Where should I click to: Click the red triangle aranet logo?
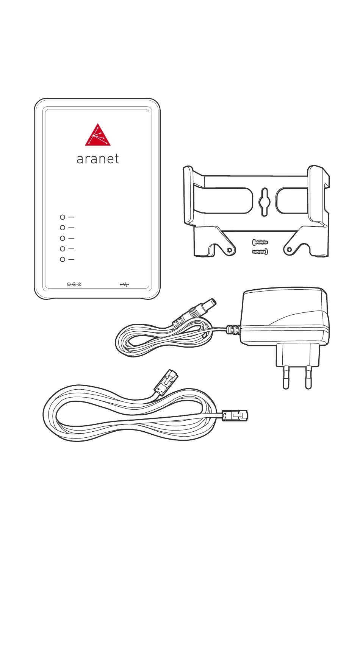(98, 136)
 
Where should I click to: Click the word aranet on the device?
(98, 159)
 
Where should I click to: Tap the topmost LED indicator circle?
(63, 217)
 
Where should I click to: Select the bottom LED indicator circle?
(63, 259)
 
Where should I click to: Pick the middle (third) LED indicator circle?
(63, 238)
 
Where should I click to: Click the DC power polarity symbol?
(74, 284)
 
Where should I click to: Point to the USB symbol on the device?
(125, 284)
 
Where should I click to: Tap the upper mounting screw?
(260, 242)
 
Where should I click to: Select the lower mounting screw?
(260, 251)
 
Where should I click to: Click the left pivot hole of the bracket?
(229, 250)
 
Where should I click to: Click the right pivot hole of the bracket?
(290, 250)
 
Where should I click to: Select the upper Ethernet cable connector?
(166, 382)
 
